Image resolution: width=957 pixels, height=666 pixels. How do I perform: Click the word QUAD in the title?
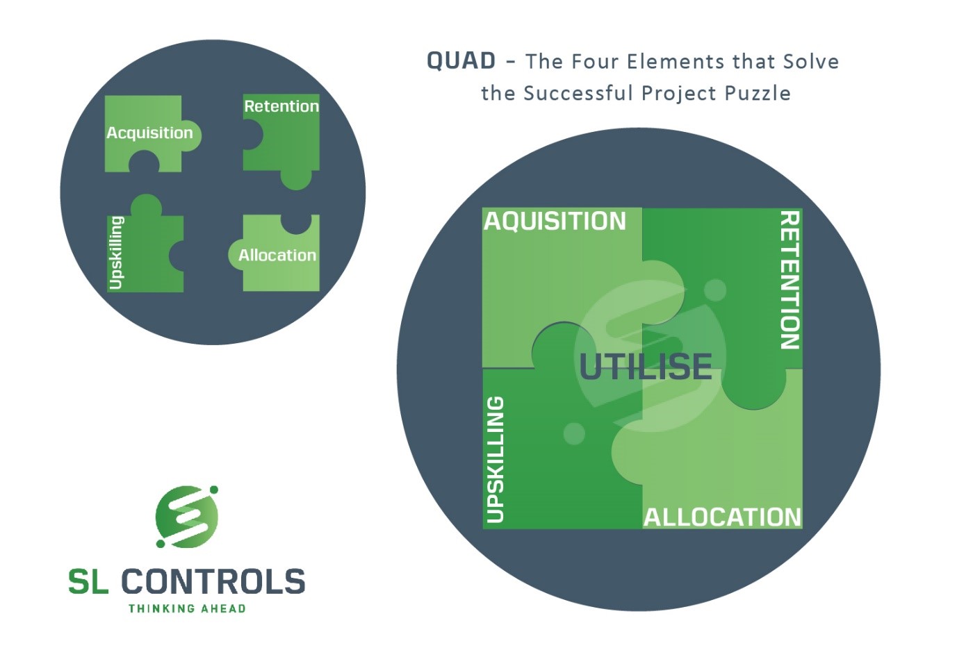coord(461,60)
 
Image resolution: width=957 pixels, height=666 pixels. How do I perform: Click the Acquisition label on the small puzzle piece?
coord(149,133)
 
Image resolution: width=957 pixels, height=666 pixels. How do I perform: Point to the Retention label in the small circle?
coord(281,106)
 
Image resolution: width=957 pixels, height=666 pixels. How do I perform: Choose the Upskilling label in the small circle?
coord(116,253)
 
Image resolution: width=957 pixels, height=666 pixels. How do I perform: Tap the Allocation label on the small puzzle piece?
coord(277,256)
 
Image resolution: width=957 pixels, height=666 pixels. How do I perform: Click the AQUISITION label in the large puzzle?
coord(555,221)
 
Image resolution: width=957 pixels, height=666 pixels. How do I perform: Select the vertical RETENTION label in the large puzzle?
coord(790,281)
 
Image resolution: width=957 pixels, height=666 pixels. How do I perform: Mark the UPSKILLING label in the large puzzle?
coord(496,460)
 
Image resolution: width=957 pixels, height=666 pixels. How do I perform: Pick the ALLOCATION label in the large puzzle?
coord(722,517)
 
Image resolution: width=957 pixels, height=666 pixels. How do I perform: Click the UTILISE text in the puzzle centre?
coord(646,367)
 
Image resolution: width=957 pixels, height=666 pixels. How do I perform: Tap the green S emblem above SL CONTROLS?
coord(187,517)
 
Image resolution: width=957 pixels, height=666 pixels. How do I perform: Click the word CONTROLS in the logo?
coord(213,581)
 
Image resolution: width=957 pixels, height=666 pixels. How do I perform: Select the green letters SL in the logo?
coord(88,581)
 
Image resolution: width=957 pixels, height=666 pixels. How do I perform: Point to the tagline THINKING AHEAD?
coord(187,608)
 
